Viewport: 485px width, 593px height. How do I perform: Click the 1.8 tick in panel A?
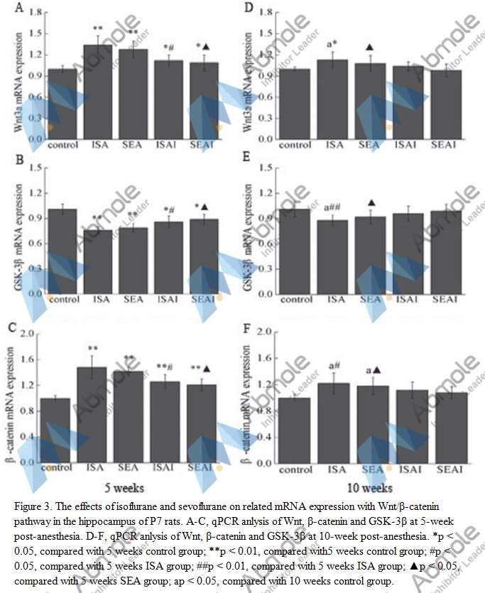[33, 13]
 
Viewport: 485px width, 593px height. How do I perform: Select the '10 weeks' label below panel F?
[362, 489]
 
